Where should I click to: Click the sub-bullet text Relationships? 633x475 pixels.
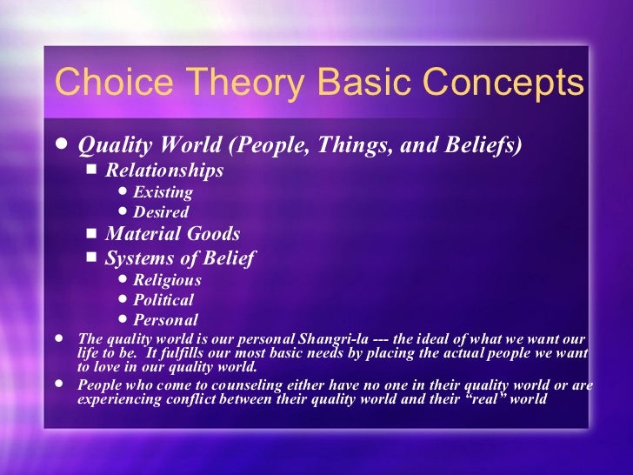(x=164, y=170)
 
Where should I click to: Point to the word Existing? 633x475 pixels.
(x=163, y=192)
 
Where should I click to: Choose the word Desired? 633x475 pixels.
(x=161, y=212)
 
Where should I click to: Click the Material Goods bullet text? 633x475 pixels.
(x=172, y=234)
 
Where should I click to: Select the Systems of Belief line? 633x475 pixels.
(x=180, y=258)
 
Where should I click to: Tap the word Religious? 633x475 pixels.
(x=167, y=280)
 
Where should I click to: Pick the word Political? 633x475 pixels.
(x=163, y=300)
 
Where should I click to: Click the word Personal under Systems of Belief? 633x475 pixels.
(x=165, y=320)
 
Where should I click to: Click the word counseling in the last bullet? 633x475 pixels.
(x=241, y=386)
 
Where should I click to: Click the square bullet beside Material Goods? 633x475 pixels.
(x=92, y=234)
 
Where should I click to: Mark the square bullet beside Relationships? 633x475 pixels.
(x=92, y=170)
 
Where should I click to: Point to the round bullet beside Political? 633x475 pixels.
(x=122, y=300)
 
